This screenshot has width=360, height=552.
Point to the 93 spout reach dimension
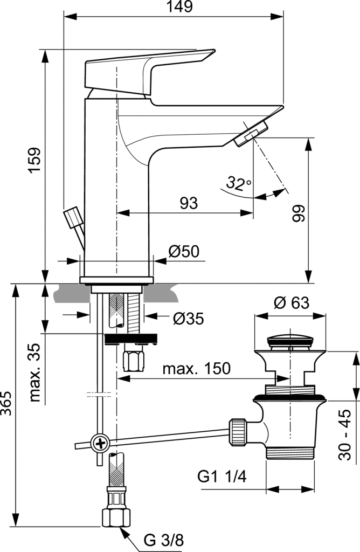click(x=188, y=203)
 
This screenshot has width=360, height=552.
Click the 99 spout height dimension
click(x=298, y=212)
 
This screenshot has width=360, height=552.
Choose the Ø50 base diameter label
click(x=183, y=252)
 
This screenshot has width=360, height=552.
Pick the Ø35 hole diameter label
click(x=188, y=319)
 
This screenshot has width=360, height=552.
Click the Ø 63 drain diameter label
click(x=291, y=303)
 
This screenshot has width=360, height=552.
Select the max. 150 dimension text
click(x=196, y=369)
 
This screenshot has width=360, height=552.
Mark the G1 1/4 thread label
click(x=221, y=477)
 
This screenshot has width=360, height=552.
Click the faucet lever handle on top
click(x=146, y=70)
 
